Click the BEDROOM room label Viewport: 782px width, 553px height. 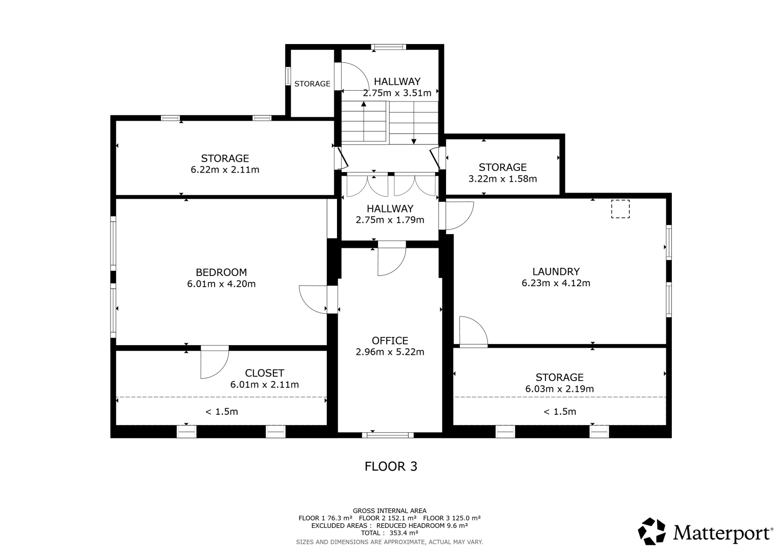tap(221, 272)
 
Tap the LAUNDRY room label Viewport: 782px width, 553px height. tap(556, 271)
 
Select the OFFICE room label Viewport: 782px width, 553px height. tap(390, 341)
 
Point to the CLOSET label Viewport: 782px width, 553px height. tap(264, 373)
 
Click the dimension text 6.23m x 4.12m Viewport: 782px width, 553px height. tap(556, 283)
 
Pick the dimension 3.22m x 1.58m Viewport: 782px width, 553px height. tap(502, 179)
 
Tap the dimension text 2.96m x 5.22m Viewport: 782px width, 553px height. tap(390, 352)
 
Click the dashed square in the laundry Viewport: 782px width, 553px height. tap(620, 209)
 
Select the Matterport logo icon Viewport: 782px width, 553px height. tap(651, 531)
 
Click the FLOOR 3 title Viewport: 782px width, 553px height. tap(391, 466)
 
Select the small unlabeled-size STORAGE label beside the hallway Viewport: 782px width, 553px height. tap(312, 84)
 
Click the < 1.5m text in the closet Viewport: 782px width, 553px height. tap(221, 412)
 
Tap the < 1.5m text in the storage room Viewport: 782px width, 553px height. tap(560, 412)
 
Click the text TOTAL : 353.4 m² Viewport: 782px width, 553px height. tap(390, 533)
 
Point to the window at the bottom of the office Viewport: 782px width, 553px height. tap(388, 435)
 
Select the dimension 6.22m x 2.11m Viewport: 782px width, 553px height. tap(225, 169)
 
